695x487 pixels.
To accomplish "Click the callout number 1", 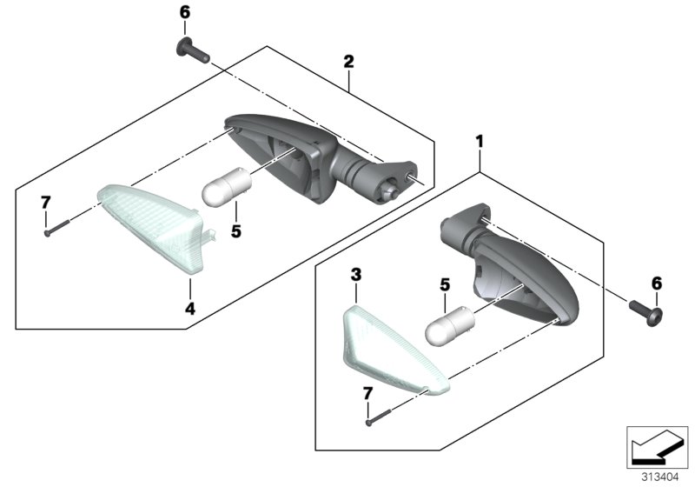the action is click(480, 142).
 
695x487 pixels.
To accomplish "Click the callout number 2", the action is click(349, 62).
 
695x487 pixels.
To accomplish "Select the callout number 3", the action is click(356, 275).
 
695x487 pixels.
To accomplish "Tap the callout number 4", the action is click(190, 308).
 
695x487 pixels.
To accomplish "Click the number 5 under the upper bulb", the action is click(235, 231).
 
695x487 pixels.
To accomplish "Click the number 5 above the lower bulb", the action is click(445, 284).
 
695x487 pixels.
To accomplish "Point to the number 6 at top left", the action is click(184, 12).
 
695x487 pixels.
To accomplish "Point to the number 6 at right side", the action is click(657, 284).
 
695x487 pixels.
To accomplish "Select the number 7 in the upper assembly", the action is click(45, 203).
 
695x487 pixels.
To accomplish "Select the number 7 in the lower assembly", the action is click(367, 393).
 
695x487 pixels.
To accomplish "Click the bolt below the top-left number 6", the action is click(193, 50).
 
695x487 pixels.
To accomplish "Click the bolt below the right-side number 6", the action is click(646, 312).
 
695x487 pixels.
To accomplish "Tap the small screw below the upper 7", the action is click(57, 227).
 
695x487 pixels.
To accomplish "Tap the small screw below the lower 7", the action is click(379, 417).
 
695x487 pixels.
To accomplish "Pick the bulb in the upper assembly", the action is click(227, 187).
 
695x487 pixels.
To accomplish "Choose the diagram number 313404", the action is click(660, 477).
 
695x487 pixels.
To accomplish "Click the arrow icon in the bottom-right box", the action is click(657, 447).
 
